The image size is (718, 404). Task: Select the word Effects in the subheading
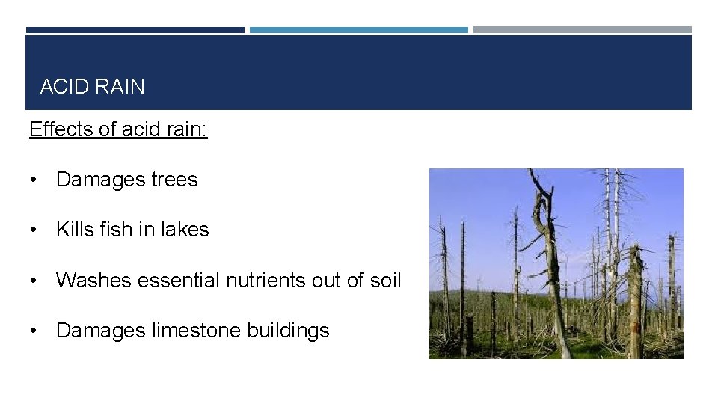click(61, 129)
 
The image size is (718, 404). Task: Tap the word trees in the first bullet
click(174, 180)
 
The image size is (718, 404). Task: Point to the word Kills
click(74, 230)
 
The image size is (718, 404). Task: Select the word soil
click(386, 281)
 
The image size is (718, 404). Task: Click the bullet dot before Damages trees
click(34, 180)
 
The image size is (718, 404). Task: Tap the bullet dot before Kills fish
click(34, 230)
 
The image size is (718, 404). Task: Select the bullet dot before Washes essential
click(34, 281)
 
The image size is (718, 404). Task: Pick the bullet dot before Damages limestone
click(34, 331)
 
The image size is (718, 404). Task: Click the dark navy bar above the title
click(135, 30)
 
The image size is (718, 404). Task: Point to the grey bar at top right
click(582, 30)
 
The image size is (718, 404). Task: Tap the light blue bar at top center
click(358, 30)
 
